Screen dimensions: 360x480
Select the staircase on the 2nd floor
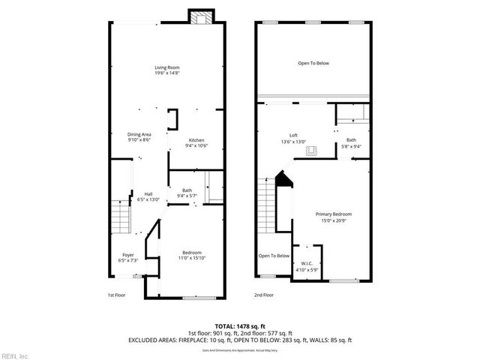(x=266, y=202)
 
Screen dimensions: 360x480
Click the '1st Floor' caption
(x=117, y=295)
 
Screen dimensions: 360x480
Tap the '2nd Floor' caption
(x=264, y=295)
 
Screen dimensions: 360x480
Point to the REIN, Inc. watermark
(x=15, y=355)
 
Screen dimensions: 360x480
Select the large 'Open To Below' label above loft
(x=313, y=63)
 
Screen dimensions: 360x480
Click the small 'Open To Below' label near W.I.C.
(x=274, y=256)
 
